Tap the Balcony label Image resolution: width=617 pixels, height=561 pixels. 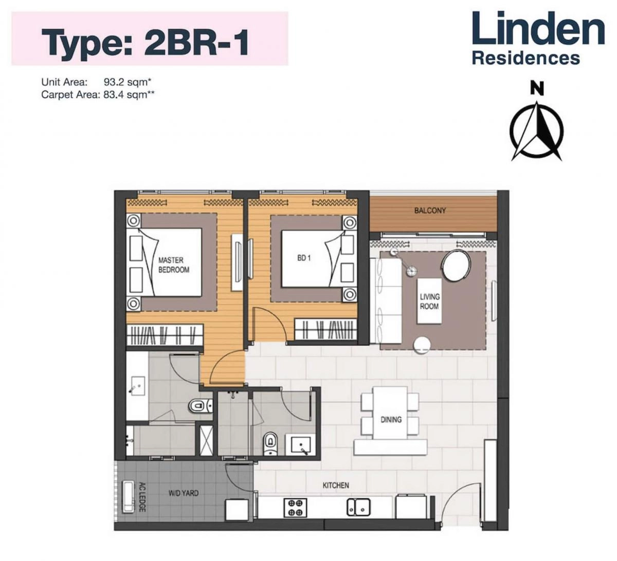click(x=430, y=210)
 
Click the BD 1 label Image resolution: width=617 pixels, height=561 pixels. click(x=304, y=258)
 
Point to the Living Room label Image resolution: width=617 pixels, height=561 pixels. click(x=429, y=302)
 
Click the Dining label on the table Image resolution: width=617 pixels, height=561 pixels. click(x=391, y=419)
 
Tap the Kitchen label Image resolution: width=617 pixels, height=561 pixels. click(x=335, y=485)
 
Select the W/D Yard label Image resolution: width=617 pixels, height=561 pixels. click(x=184, y=493)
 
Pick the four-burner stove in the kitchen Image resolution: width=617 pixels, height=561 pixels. click(x=295, y=508)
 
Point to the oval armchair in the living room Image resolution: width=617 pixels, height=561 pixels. click(x=456, y=266)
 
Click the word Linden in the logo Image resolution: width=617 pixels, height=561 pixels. click(x=538, y=29)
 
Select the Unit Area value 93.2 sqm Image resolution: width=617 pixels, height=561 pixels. click(x=126, y=82)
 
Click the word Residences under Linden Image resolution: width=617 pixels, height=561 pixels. click(x=525, y=58)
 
